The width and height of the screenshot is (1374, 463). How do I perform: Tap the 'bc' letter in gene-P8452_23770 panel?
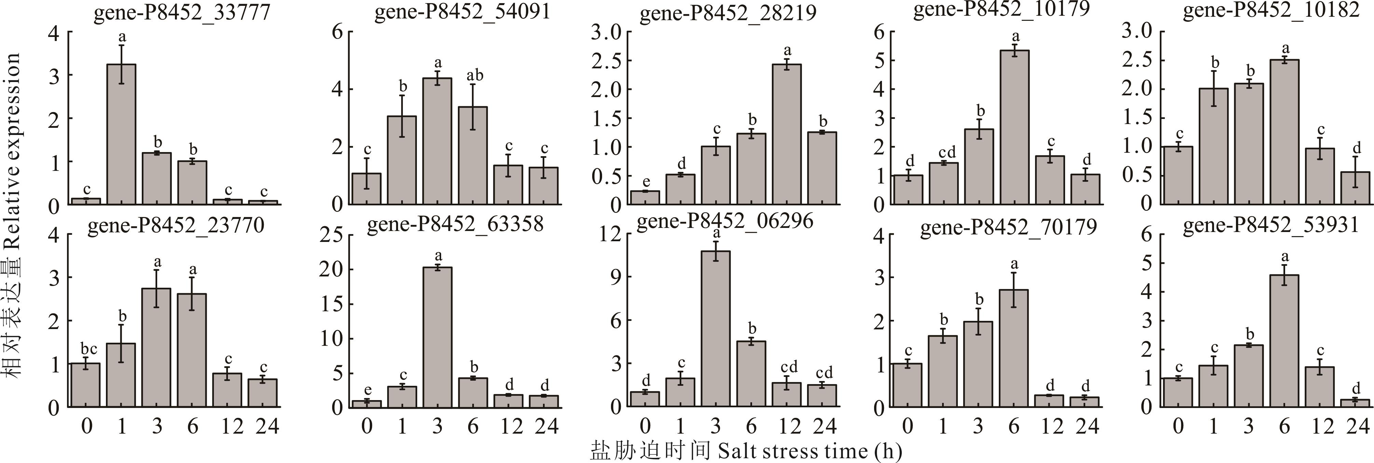pyautogui.click(x=89, y=349)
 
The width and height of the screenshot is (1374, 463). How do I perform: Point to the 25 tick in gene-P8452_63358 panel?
pyautogui.click(x=332, y=235)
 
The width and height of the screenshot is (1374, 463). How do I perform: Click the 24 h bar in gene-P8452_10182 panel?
pyautogui.click(x=1355, y=188)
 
